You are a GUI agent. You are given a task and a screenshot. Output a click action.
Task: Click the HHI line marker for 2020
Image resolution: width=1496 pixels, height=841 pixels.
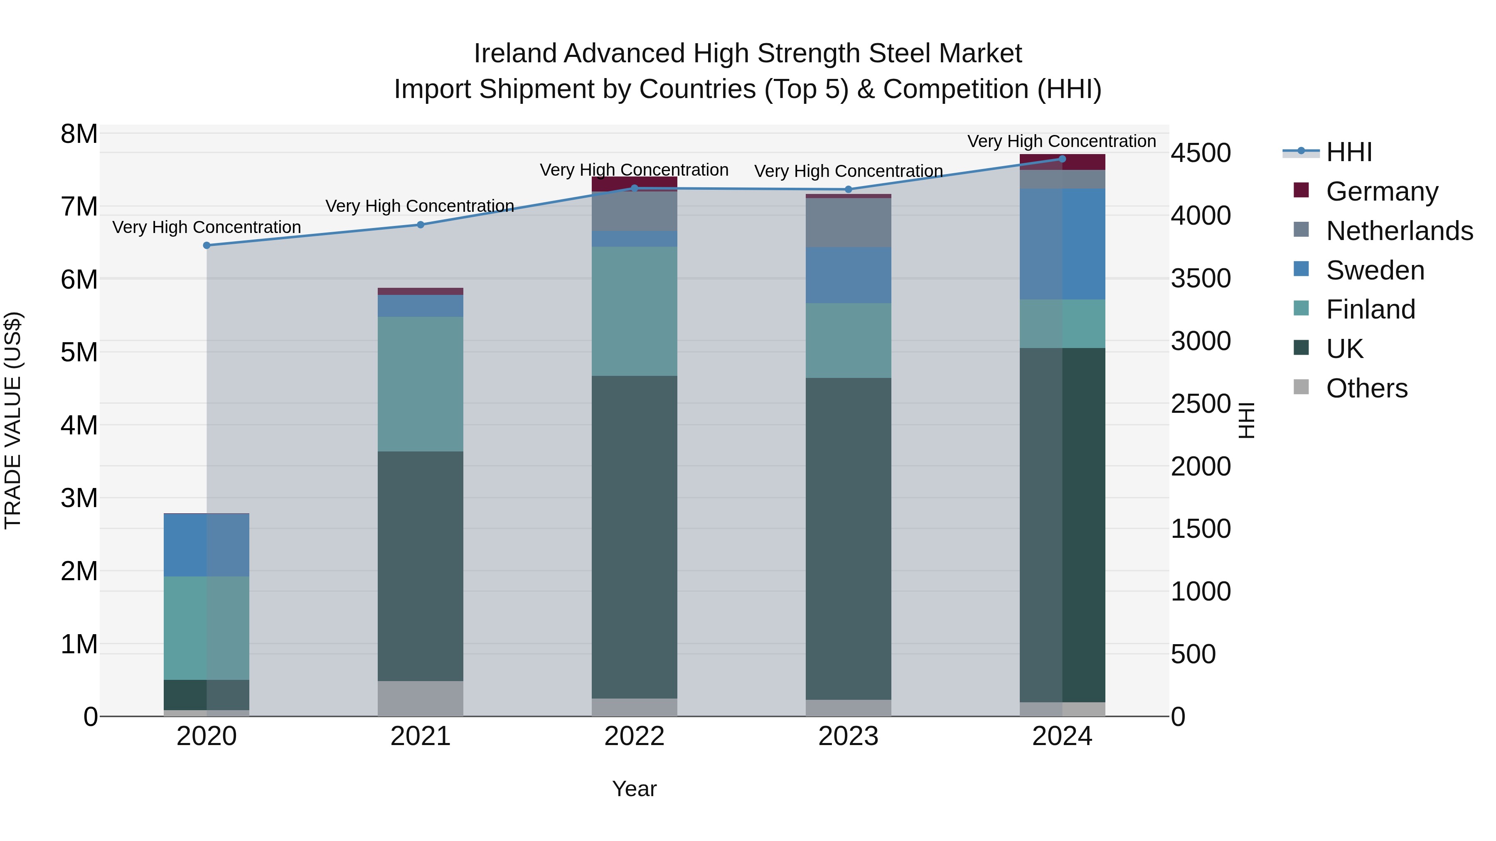207,245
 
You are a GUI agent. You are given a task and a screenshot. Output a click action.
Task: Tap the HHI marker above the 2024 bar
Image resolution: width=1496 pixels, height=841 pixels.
1062,159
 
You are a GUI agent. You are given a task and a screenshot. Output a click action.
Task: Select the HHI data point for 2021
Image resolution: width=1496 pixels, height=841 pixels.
421,225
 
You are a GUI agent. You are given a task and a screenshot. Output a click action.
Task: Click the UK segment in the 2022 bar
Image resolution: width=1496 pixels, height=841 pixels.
634,537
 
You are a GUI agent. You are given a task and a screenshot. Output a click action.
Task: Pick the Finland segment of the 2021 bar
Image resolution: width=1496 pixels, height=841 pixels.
421,384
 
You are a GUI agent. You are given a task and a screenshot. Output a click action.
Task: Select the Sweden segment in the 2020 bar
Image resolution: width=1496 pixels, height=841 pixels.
207,545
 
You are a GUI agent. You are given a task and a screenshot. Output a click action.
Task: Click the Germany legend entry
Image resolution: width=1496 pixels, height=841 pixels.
1382,191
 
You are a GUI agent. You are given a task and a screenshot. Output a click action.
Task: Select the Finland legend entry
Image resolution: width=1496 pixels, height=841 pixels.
1370,309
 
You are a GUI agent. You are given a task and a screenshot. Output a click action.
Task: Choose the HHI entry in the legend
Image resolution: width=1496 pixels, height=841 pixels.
1348,152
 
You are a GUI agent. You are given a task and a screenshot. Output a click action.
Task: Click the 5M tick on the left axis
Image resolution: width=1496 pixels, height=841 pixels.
79,352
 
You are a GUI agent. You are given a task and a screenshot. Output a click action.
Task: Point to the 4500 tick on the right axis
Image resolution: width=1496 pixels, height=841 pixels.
1201,153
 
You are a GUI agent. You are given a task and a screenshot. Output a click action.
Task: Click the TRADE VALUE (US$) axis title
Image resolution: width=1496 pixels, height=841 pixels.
13,420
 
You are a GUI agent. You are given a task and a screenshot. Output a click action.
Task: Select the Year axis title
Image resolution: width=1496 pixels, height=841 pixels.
634,789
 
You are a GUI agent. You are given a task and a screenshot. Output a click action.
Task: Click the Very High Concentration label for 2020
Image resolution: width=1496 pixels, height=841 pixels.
207,227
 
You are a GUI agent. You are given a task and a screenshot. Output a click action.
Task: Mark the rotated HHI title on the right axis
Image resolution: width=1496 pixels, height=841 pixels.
1247,420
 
